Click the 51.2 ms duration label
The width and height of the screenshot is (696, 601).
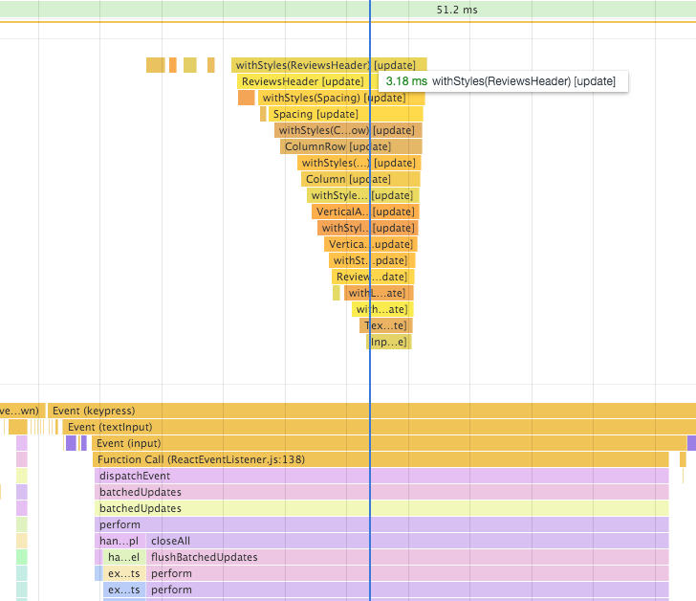[456, 10]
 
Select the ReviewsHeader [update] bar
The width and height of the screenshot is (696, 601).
[302, 81]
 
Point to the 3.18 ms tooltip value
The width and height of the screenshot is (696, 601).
[406, 81]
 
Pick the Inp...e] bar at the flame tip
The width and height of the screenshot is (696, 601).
[389, 342]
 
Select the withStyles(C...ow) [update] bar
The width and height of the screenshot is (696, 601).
[325, 130]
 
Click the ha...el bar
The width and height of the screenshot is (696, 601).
[123, 557]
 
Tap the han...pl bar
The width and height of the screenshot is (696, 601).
[119, 541]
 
